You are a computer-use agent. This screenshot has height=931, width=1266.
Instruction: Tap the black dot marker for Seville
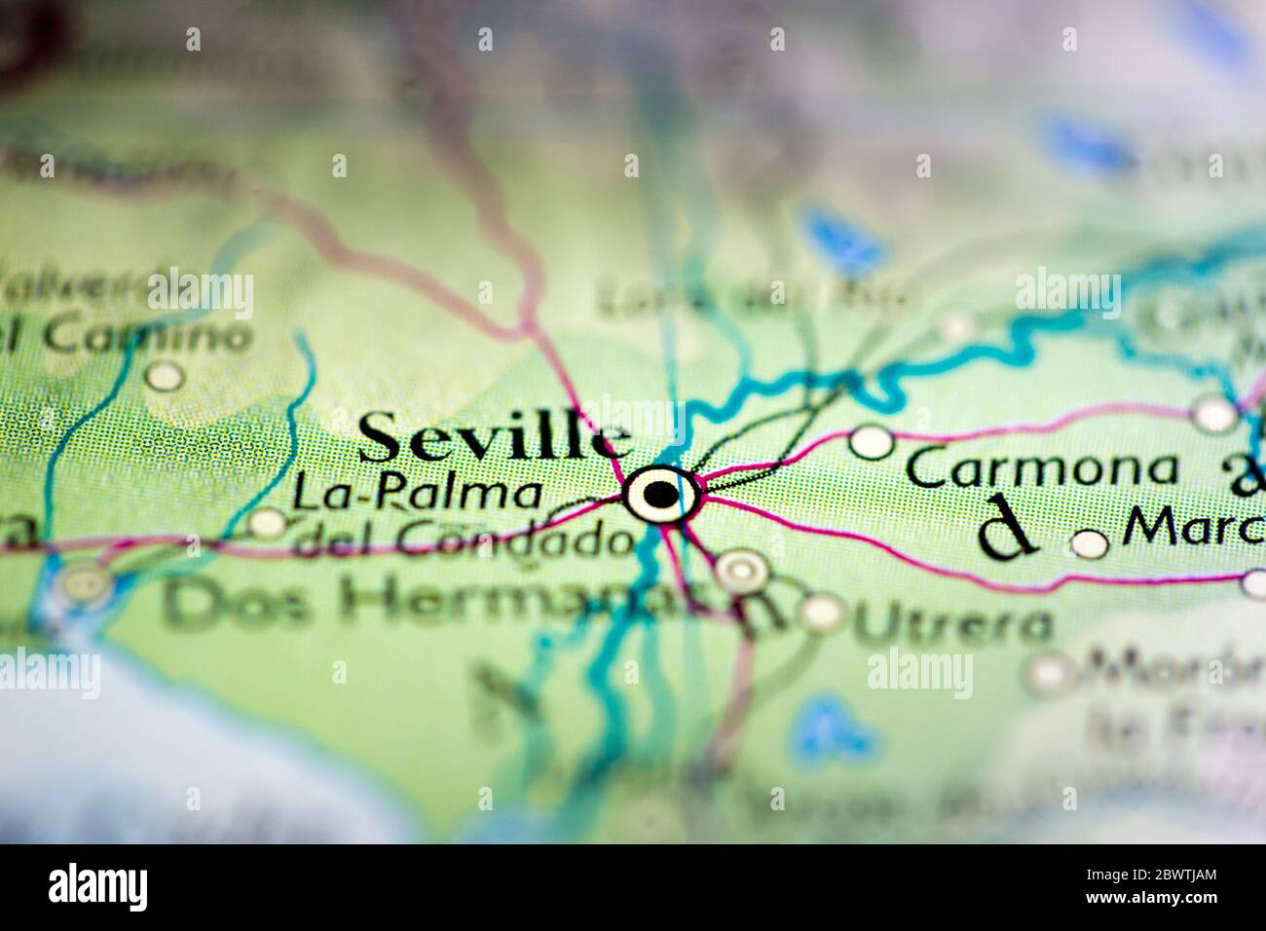[661, 495]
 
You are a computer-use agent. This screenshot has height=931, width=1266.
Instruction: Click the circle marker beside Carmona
[872, 442]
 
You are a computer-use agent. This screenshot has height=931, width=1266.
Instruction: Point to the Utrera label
[951, 623]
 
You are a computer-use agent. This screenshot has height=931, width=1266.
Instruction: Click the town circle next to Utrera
[824, 612]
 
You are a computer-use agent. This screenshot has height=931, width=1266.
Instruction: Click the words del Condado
[462, 540]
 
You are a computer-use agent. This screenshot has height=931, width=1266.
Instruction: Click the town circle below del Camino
[165, 375]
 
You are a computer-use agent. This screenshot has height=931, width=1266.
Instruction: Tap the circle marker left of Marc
[1090, 544]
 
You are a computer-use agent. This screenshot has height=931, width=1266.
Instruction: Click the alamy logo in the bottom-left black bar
[98, 887]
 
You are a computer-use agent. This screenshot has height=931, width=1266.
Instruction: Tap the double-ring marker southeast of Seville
[743, 571]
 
